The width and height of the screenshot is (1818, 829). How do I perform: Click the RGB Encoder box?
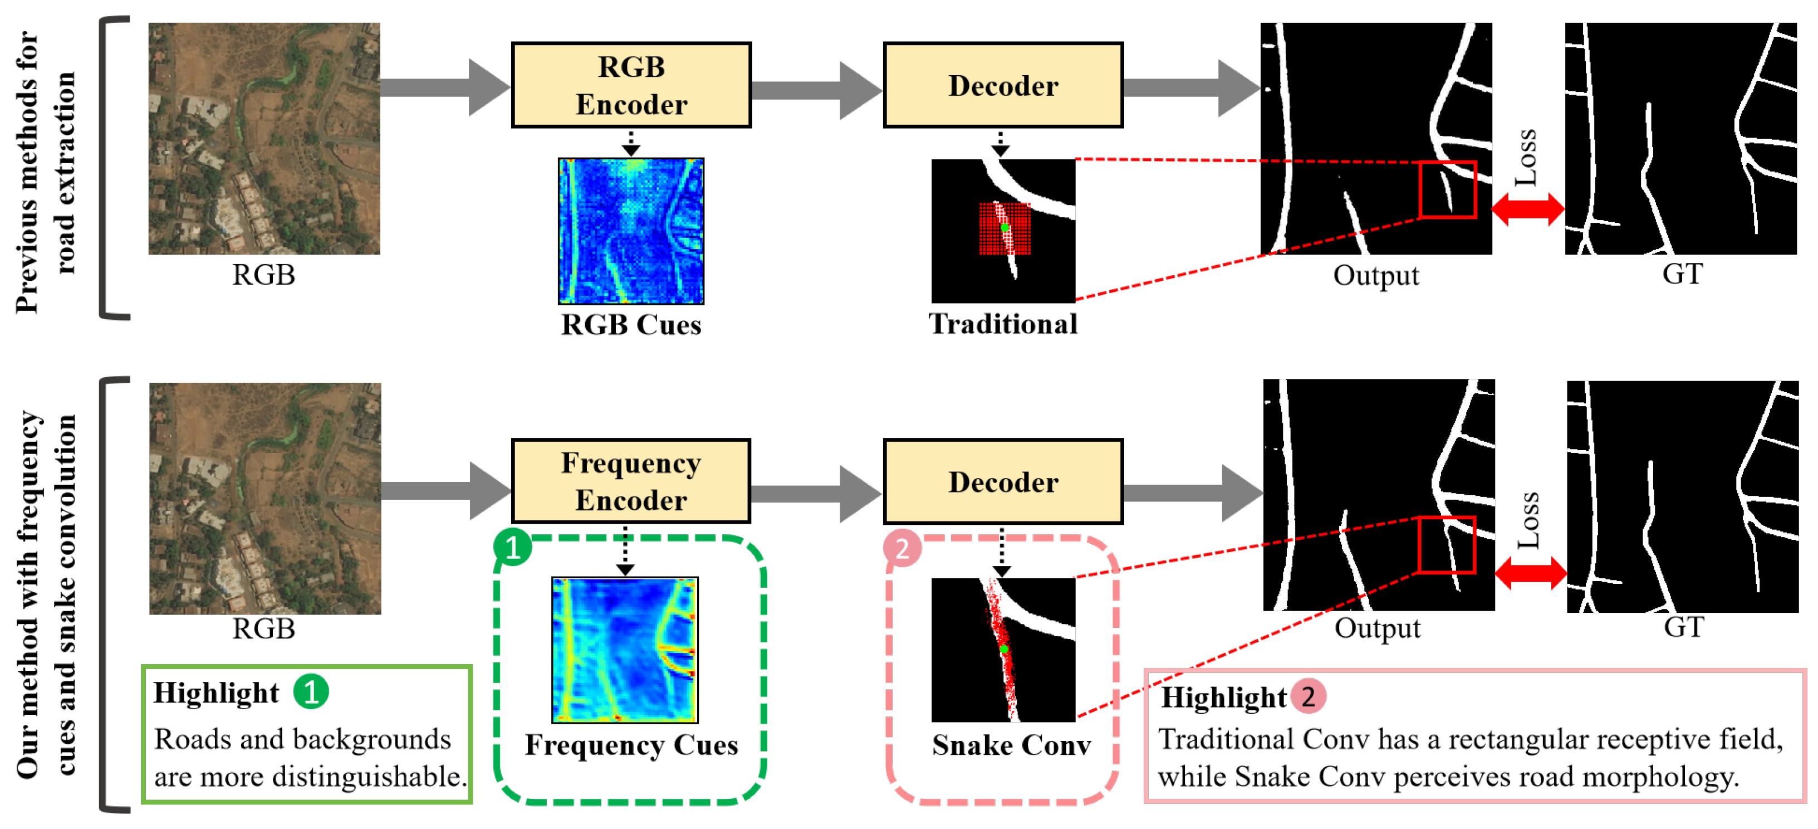631,85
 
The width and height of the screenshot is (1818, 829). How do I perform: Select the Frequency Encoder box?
631,481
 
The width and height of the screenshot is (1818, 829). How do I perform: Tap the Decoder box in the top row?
1002,85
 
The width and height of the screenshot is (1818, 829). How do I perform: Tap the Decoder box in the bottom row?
1002,481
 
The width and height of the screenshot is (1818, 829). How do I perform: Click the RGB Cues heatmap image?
631,231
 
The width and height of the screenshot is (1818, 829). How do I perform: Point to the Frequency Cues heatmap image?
625,650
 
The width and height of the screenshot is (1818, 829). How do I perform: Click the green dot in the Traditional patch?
1005,227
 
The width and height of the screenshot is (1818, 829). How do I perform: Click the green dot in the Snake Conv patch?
1003,649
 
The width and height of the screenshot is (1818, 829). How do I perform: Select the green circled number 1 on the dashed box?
512,547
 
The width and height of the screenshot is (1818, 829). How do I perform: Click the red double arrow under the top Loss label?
1527,209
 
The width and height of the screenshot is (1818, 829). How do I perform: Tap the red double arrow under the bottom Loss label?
1530,573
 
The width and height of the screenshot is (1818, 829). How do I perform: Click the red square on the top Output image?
1447,189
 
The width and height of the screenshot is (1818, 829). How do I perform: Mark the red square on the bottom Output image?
1446,544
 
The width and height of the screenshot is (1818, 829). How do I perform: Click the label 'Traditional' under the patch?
1002,324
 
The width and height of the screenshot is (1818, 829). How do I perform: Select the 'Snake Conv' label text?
1011,745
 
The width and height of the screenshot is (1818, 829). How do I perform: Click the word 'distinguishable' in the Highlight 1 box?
369,777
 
